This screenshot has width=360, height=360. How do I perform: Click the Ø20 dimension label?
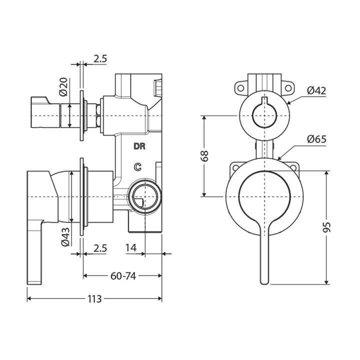63,87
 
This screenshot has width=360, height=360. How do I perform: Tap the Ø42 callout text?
316,90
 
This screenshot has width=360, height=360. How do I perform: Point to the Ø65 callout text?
316,139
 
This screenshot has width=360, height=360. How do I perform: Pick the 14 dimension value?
131,247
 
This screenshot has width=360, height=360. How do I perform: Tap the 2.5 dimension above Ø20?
100,58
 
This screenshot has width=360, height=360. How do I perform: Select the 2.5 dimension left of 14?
100,247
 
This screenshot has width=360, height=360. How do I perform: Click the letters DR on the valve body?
139,146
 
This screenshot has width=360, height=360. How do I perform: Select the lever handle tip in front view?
265,280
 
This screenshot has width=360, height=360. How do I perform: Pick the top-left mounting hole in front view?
240,88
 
